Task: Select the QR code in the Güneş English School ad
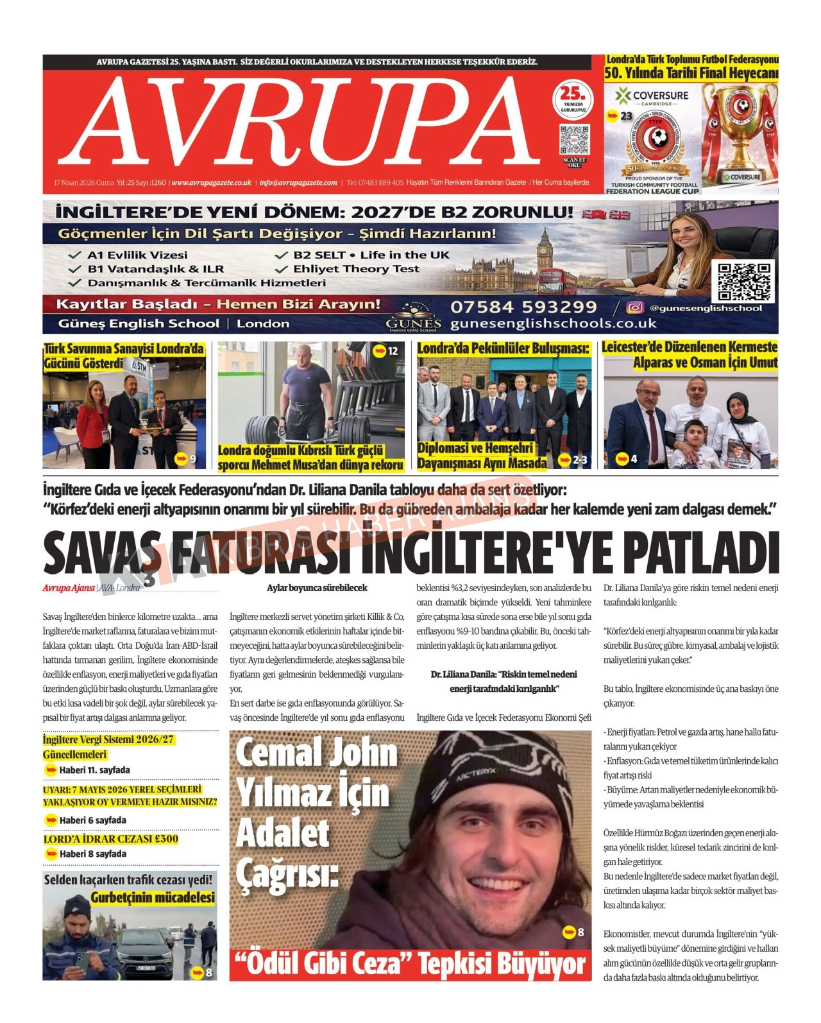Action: pyautogui.click(x=743, y=282)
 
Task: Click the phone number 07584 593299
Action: pyautogui.click(x=523, y=307)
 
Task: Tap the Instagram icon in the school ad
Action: pyautogui.click(x=634, y=308)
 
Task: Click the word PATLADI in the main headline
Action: pyautogui.click(x=700, y=553)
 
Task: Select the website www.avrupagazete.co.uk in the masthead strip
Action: pyautogui.click(x=211, y=183)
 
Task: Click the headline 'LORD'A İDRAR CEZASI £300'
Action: pyautogui.click(x=110, y=839)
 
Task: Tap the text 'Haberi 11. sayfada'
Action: pyautogui.click(x=94, y=769)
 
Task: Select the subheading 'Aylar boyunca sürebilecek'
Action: pyautogui.click(x=317, y=588)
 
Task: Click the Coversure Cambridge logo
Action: pyautogui.click(x=652, y=97)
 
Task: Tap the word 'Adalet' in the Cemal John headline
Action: pyautogui.click(x=283, y=834)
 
